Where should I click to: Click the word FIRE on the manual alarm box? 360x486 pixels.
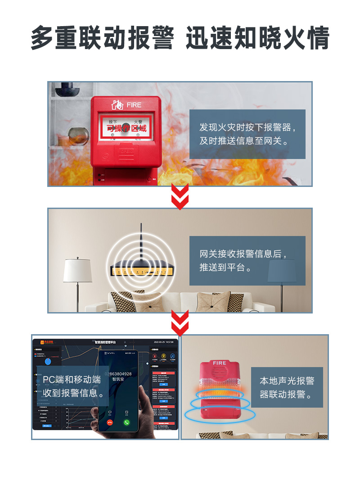pyautogui.click(x=134, y=105)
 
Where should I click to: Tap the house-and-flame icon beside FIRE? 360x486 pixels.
pyautogui.click(x=117, y=105)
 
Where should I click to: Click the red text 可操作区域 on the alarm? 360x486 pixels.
pyautogui.click(x=126, y=128)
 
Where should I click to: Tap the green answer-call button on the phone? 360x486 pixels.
pyautogui.click(x=127, y=422)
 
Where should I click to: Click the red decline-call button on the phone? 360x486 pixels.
pyautogui.click(x=109, y=422)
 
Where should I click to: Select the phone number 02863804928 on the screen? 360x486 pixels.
pyautogui.click(x=118, y=374)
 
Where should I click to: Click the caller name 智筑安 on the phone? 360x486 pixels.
pyautogui.click(x=118, y=380)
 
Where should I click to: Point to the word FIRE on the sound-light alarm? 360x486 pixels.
pyautogui.click(x=220, y=363)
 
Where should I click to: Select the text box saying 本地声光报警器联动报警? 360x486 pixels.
pyautogui.click(x=287, y=387)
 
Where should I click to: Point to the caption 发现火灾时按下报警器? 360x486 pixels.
pyautogui.click(x=247, y=134)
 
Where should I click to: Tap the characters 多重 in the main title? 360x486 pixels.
pyautogui.click(x=54, y=38)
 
